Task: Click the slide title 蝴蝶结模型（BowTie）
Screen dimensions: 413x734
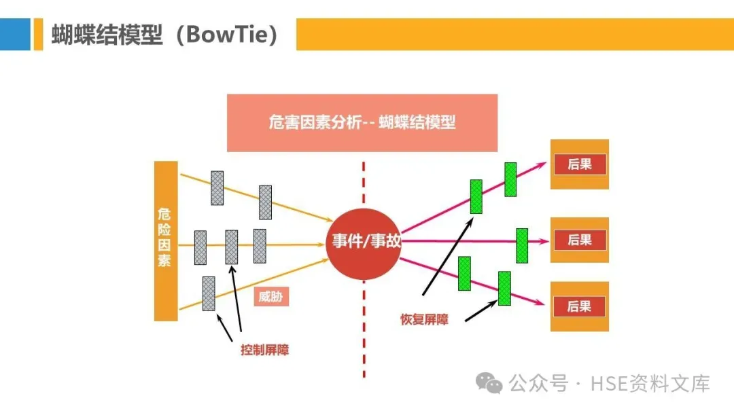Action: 165,34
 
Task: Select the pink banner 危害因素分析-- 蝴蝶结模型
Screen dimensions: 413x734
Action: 362,123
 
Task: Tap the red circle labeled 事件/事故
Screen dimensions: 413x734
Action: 366,241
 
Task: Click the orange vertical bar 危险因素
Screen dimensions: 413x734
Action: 165,240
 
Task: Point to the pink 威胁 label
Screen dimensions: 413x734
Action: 272,297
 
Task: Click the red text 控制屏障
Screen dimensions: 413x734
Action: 264,351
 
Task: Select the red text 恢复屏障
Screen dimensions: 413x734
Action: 424,319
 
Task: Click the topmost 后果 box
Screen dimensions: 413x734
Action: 579,164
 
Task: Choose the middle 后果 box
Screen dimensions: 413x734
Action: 579,240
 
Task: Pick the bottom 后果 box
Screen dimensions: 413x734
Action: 579,306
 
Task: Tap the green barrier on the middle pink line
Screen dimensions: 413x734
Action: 522,245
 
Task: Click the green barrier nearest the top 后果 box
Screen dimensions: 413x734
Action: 510,179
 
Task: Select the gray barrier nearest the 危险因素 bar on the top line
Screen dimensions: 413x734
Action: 217,187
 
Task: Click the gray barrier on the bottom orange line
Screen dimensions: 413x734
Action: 209,293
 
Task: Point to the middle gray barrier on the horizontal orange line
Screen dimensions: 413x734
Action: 232,247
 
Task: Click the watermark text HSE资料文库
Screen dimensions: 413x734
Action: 650,384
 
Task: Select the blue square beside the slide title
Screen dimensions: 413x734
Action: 15,34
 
